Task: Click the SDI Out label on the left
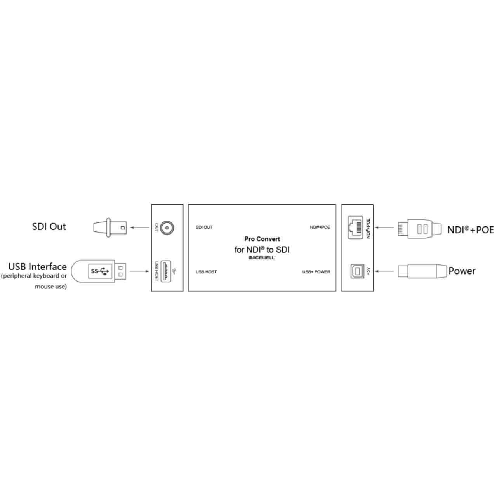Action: click(49, 227)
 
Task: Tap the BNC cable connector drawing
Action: click(110, 228)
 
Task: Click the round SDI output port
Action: click(167, 228)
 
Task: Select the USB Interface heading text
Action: click(37, 266)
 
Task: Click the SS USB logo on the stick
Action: click(100, 271)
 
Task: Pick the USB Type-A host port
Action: click(165, 271)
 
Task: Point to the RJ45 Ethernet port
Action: click(355, 227)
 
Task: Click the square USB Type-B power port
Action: click(357, 271)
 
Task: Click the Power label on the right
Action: click(462, 271)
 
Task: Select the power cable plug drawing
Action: click(422, 271)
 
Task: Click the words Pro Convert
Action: click(262, 239)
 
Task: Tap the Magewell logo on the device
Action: click(262, 258)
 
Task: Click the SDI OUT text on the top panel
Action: click(204, 227)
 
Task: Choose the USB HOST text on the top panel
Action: click(206, 272)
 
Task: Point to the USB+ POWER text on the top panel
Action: click(316, 272)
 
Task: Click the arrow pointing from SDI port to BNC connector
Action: click(140, 228)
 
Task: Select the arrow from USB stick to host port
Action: click(139, 271)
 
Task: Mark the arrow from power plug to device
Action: click(384, 271)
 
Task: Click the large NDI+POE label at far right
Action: click(471, 229)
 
